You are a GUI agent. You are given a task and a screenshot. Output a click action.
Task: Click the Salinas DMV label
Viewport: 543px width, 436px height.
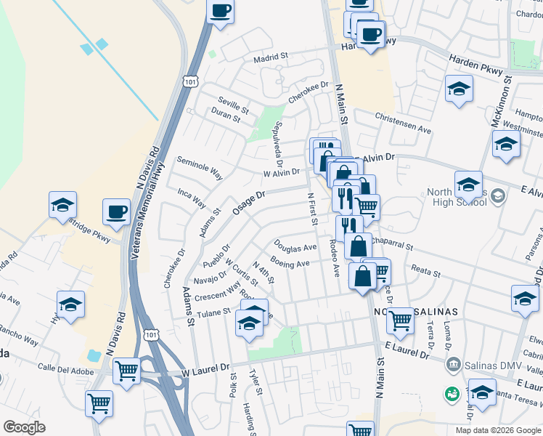tap(487, 363)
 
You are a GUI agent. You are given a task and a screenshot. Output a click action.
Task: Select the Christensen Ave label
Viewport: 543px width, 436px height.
tap(403, 121)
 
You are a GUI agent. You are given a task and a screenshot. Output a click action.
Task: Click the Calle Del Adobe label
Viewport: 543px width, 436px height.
tap(67, 368)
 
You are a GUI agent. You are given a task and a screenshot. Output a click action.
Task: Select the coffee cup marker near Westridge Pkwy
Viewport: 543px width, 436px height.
tap(116, 212)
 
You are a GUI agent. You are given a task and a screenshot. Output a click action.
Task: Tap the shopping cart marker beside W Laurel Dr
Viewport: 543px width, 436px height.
tap(127, 371)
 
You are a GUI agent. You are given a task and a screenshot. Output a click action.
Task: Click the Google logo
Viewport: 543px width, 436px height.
tap(25, 427)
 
